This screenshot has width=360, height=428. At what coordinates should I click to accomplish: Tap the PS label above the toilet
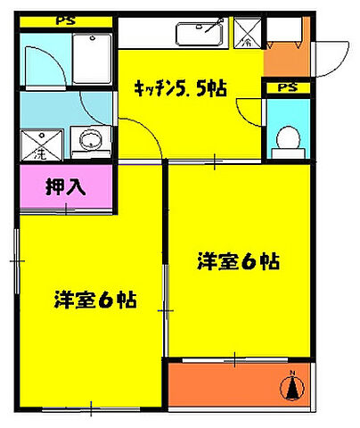click(x=287, y=87)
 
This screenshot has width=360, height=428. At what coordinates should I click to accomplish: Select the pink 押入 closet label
click(x=65, y=188)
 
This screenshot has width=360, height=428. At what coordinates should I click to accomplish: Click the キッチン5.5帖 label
click(x=179, y=87)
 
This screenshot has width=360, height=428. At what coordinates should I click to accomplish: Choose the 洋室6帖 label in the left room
click(x=91, y=300)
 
